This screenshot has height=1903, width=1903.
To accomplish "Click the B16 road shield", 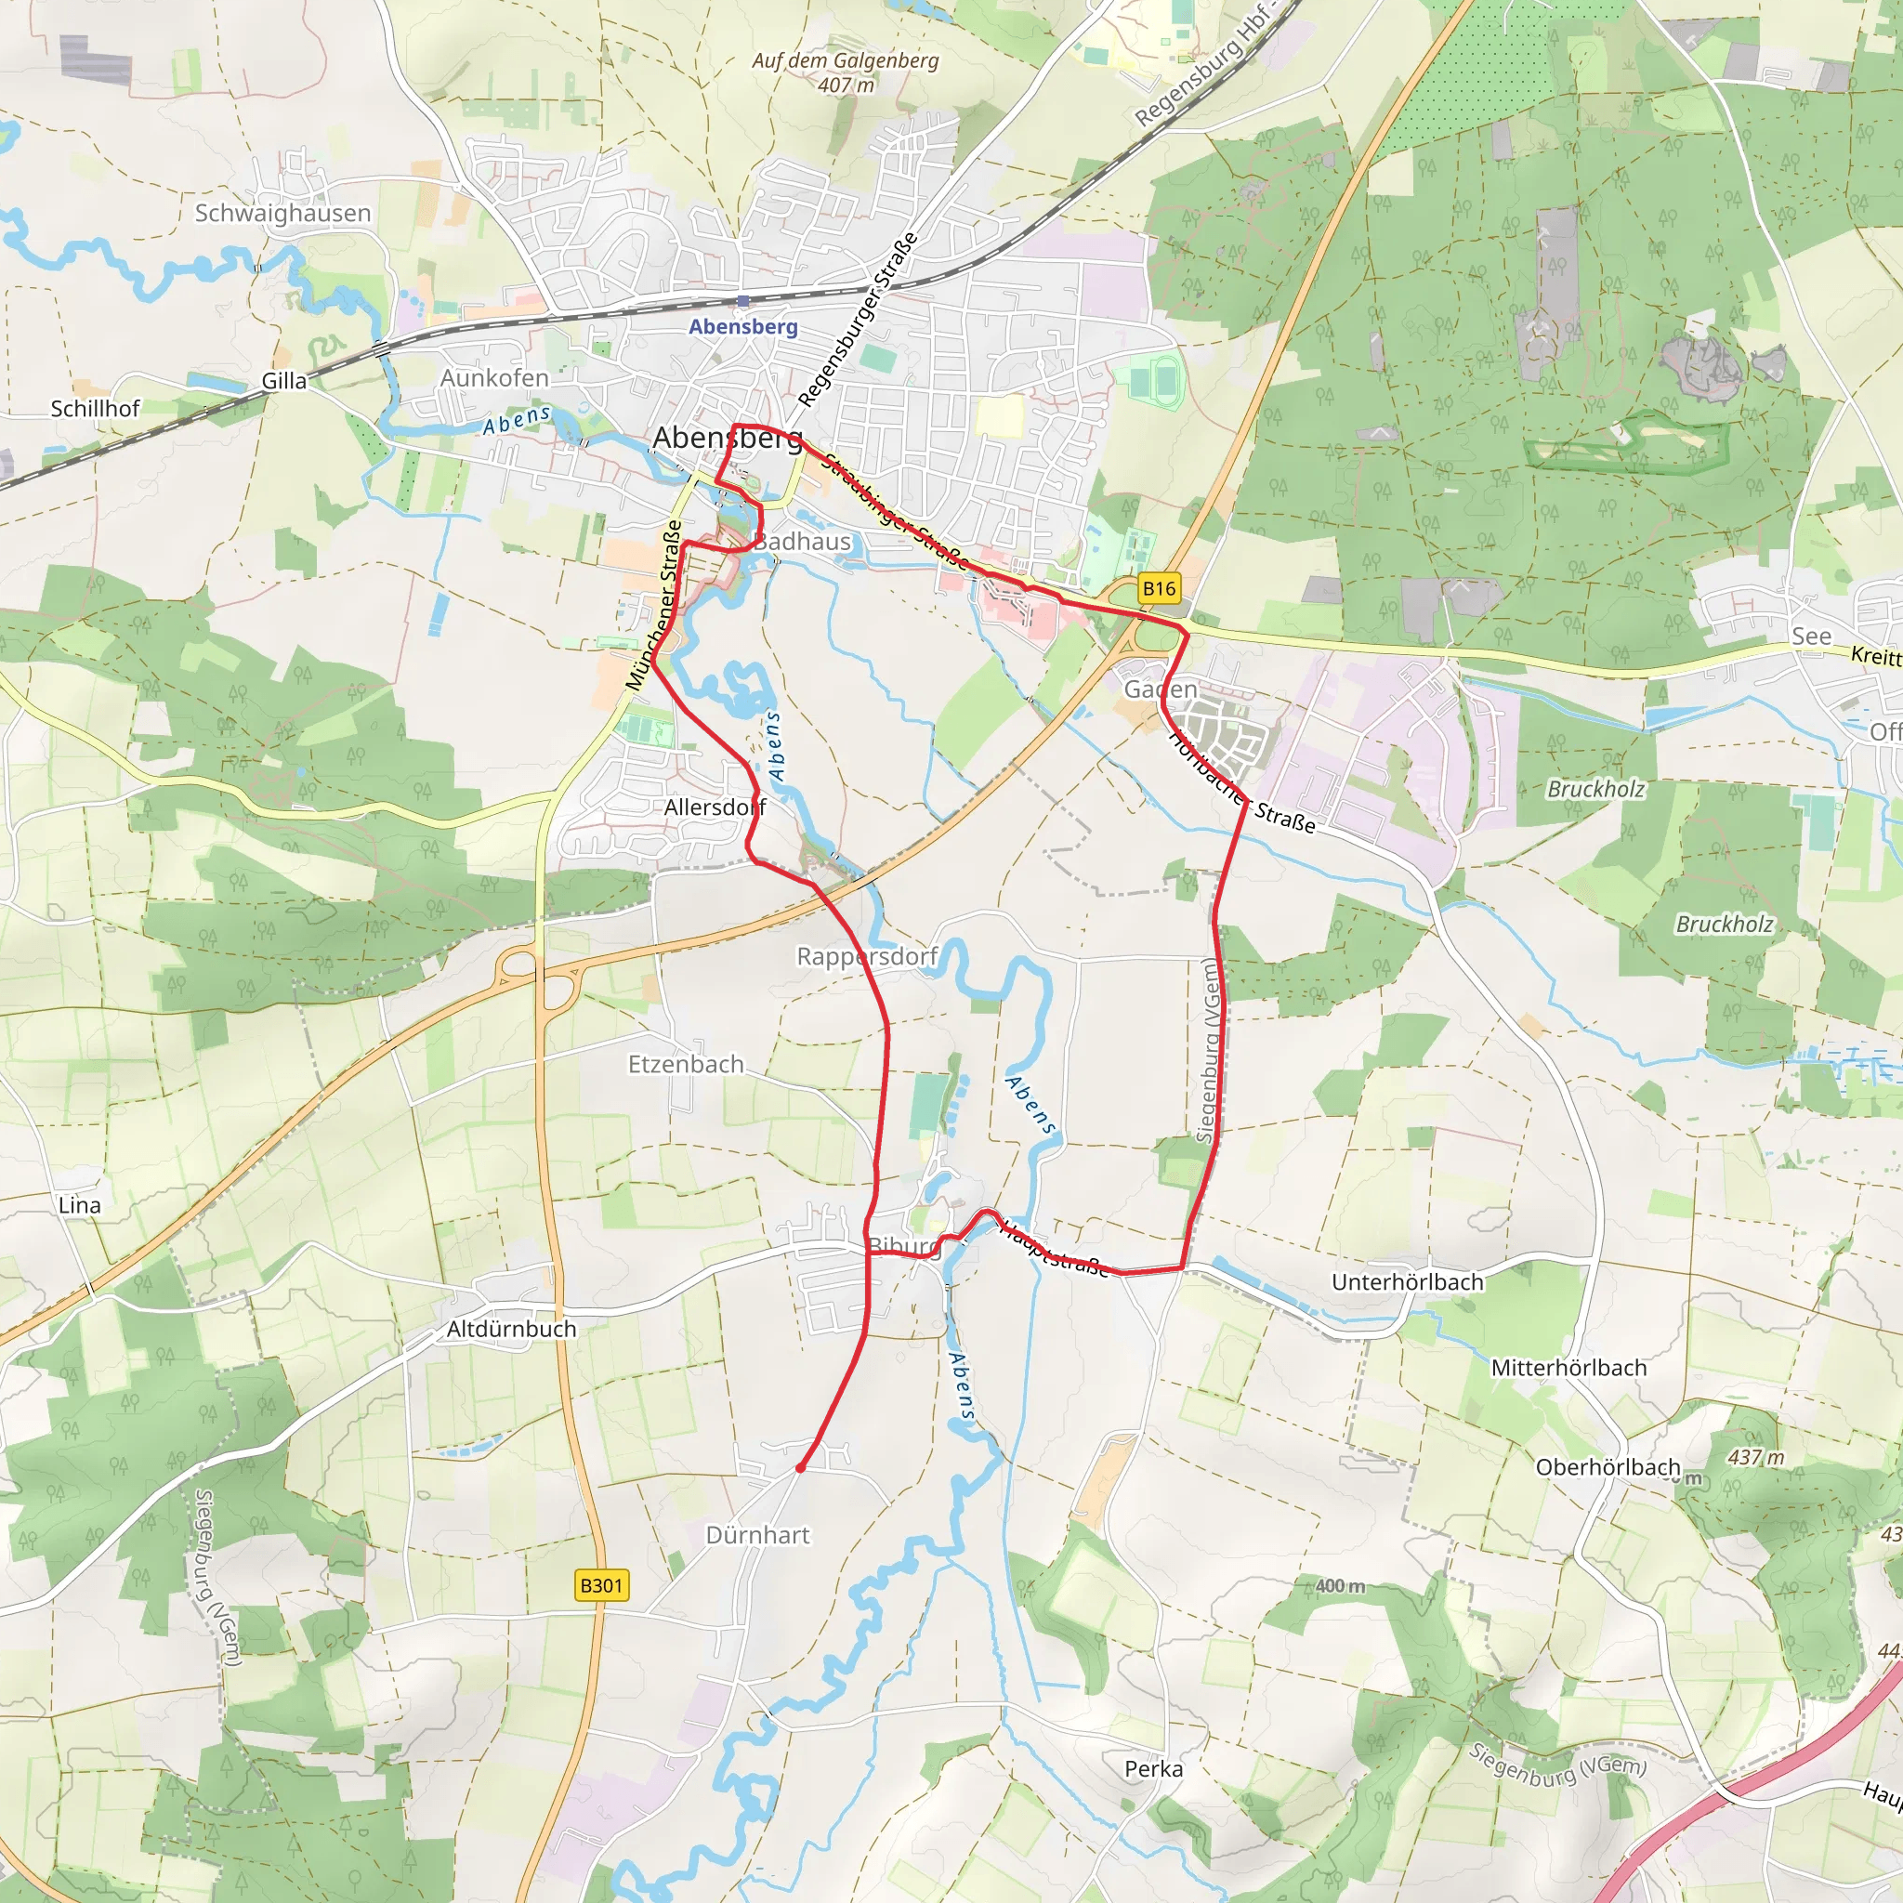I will tap(1159, 589).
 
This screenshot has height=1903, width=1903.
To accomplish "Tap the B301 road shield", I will tap(601, 1585).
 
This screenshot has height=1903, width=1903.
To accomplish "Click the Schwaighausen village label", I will tap(282, 213).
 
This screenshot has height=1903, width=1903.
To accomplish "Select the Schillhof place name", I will tap(96, 408).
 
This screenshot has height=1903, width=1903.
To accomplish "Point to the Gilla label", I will tap(283, 381).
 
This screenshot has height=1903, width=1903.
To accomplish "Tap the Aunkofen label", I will tap(494, 378).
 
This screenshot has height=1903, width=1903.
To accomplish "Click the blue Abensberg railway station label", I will tap(742, 326).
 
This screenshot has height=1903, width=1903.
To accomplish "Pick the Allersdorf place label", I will tap(715, 807).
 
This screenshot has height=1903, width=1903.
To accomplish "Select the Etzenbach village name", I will tap(686, 1065).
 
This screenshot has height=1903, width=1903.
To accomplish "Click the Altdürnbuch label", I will tap(511, 1330).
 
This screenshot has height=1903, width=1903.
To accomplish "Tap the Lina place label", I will tap(80, 1205).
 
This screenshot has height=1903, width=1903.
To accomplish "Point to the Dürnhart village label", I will tap(757, 1536).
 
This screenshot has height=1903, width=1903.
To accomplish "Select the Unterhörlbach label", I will tap(1407, 1282).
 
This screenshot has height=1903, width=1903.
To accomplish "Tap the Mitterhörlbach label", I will tap(1568, 1368).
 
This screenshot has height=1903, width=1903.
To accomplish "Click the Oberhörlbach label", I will tap(1608, 1467).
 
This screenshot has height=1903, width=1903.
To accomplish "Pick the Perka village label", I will tap(1153, 1769).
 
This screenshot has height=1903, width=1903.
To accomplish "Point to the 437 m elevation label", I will tap(1755, 1458).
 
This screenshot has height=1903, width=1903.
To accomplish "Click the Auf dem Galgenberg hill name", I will tap(846, 61).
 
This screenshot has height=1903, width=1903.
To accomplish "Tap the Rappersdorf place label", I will tap(867, 956).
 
